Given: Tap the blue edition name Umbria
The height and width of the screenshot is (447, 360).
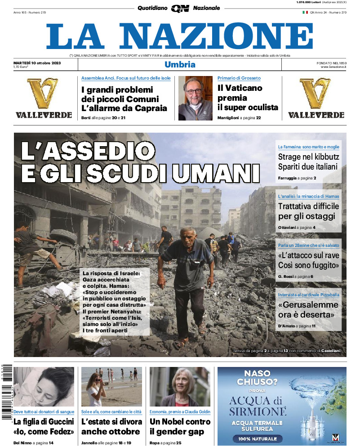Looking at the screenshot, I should tap(180, 64).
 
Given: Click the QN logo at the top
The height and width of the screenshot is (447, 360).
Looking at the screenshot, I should tap(180, 8).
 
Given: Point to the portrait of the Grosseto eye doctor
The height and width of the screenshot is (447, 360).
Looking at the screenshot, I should tap(195, 98).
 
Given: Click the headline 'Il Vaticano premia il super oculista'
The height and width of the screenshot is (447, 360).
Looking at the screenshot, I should tap(248, 98).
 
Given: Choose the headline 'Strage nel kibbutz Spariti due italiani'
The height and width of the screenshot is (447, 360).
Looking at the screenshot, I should tap(308, 161).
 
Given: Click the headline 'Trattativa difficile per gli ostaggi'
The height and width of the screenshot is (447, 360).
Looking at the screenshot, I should tap(308, 211).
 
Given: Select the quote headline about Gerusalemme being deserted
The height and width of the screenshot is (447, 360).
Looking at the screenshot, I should tap(308, 309).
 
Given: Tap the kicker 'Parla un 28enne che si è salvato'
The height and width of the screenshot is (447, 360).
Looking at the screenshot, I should tap(308, 245).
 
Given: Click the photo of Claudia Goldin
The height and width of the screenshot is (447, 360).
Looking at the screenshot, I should tap(180, 387).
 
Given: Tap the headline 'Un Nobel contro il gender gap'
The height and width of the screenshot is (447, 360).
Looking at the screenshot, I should tap(180, 426).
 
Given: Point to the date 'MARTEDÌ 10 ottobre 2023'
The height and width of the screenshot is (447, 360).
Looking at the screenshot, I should tap(37, 63).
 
